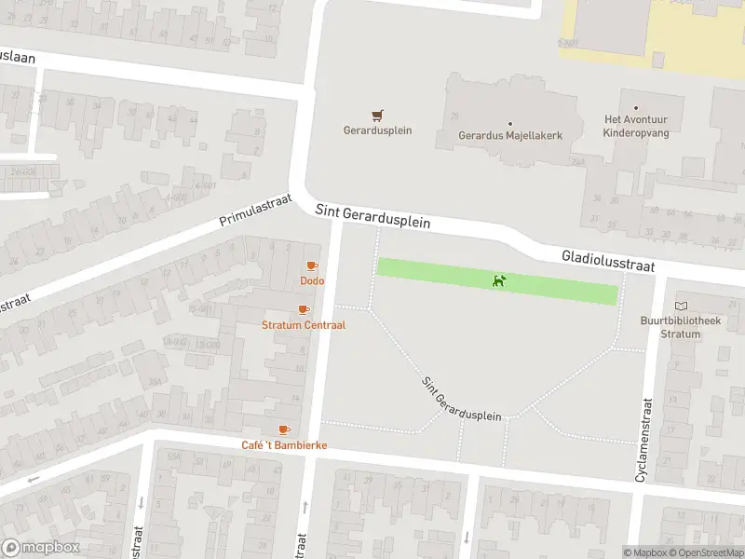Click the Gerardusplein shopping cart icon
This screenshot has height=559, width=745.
pos(377,116)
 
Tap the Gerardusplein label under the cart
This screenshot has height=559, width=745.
pos(377,130)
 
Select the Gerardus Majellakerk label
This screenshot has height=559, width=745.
pos(510,135)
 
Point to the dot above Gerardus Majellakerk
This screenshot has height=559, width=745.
pos(510,123)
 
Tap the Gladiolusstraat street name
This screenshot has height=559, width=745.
pos(608,261)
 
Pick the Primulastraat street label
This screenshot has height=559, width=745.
pos(255,211)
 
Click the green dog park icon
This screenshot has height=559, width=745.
pos(499,280)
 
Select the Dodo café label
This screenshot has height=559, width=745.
pos(311,280)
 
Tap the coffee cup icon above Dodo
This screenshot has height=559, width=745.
pos(312,266)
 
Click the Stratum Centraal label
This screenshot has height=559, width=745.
pos(304,325)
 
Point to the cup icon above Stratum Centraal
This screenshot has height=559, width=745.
pos(303,310)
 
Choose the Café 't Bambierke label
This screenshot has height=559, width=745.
pos(284,445)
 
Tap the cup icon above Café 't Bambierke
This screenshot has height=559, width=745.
pos(284,430)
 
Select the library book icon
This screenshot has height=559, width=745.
pos(682,307)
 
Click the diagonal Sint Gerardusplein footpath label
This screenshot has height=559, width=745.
pos(461,401)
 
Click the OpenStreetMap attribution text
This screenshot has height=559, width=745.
pos(705,553)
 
